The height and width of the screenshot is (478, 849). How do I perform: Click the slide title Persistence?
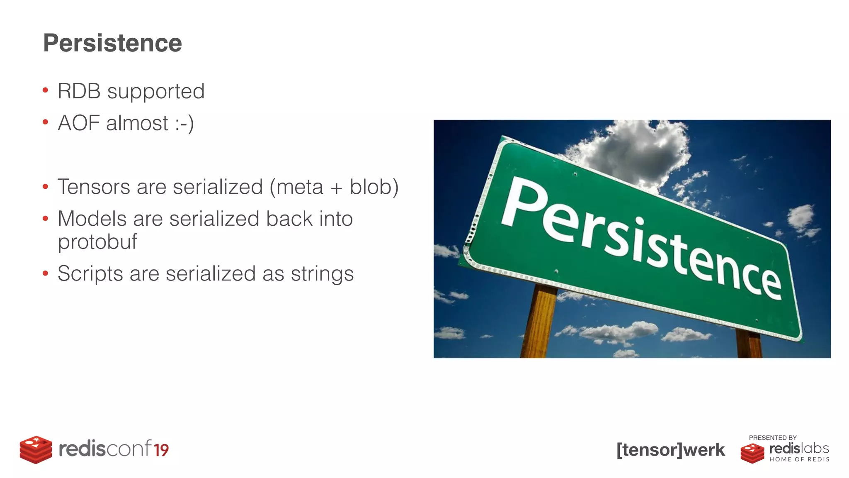(x=112, y=43)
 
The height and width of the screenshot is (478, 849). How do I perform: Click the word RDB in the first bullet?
(x=79, y=91)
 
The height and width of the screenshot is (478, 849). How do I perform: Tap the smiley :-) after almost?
(x=184, y=124)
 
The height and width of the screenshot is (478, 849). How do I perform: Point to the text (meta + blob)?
(x=334, y=187)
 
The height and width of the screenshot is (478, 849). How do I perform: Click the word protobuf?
(x=97, y=242)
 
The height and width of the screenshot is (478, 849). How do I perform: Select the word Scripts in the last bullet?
(x=90, y=274)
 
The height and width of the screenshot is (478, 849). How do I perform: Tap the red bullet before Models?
(x=46, y=218)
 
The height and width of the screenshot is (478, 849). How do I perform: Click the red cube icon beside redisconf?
(x=36, y=449)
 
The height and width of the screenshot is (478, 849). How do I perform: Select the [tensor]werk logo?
(x=670, y=450)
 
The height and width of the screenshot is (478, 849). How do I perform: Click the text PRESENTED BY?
(x=772, y=438)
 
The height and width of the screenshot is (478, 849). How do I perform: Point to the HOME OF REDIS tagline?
(x=799, y=459)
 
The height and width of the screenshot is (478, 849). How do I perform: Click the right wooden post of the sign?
(x=749, y=344)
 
